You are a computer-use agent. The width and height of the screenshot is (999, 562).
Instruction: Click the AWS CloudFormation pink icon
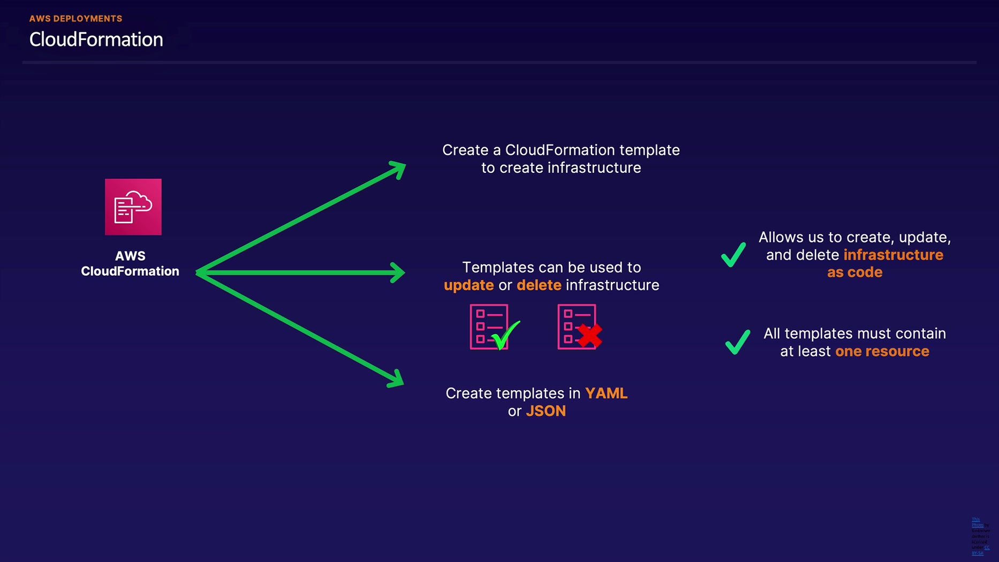[133, 207]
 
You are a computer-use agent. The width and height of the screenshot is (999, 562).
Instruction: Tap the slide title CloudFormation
[96, 40]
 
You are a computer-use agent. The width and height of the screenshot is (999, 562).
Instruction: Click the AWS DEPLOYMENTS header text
[75, 19]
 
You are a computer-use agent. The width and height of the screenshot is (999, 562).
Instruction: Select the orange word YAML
[606, 393]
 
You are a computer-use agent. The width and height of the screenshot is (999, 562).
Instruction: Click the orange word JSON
[546, 411]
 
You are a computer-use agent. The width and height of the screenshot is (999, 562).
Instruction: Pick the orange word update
[468, 285]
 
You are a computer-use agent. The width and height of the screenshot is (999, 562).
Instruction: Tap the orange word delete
[539, 285]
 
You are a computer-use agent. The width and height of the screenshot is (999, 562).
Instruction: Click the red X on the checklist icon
[589, 336]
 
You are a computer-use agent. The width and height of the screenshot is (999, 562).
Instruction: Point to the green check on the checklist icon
[505, 335]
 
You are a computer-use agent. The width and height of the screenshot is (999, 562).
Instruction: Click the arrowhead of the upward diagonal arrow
[399, 169]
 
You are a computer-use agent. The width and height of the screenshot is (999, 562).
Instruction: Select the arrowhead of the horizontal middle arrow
[399, 272]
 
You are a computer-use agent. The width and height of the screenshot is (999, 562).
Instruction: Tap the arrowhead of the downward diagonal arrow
[397, 379]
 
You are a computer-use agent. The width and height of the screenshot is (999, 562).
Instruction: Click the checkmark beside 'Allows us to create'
[733, 255]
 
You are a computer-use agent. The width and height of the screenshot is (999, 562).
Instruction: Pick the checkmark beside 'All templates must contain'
[737, 342]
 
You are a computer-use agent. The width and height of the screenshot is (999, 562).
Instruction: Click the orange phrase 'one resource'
[882, 351]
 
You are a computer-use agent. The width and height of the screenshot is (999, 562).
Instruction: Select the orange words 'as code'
[854, 272]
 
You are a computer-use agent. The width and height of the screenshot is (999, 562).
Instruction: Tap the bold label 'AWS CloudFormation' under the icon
[130, 264]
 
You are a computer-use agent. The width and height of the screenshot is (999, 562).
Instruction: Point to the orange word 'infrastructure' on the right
[893, 255]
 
